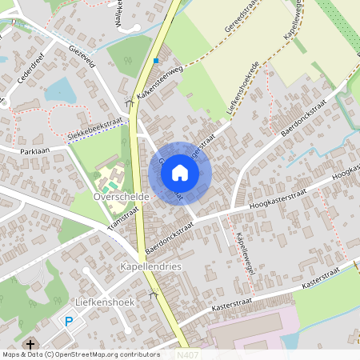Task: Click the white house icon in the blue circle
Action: [180, 172]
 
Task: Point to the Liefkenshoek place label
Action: [101, 302]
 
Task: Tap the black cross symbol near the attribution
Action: [31, 344]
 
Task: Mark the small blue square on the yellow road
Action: [156, 61]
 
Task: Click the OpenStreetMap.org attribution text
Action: [92, 354]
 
